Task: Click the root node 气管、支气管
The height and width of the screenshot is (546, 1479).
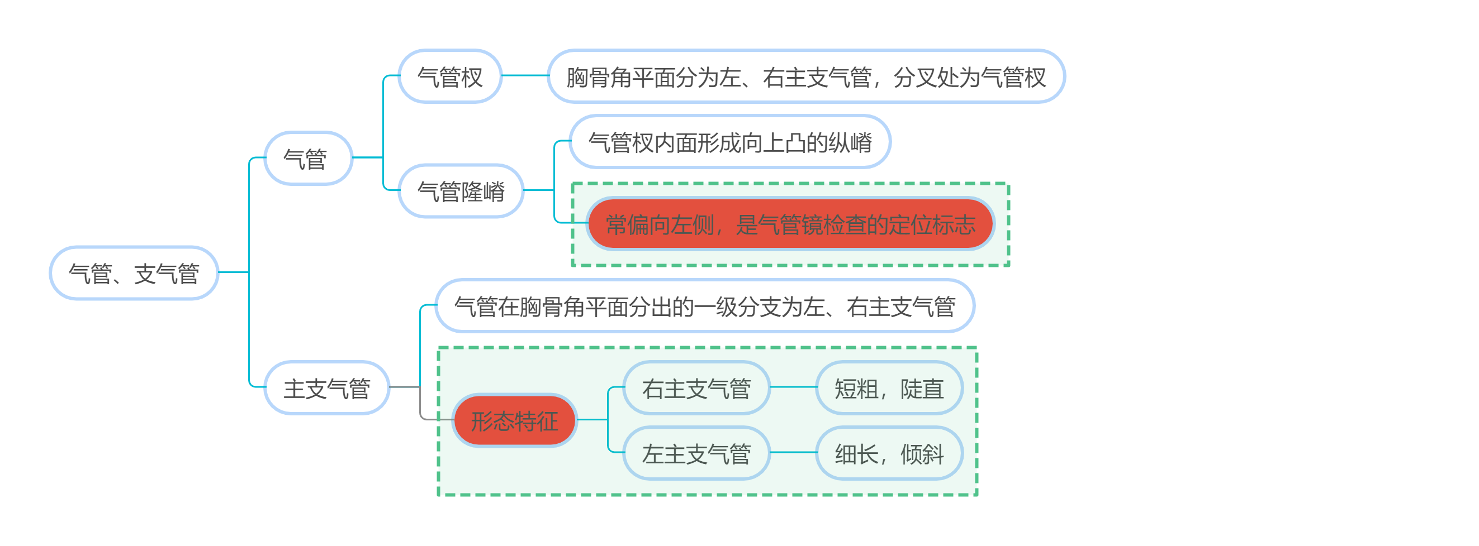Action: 133,273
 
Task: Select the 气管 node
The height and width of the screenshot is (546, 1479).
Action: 308,159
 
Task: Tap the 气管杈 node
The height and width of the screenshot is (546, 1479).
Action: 449,76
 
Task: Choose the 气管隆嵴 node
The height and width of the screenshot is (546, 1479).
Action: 461,191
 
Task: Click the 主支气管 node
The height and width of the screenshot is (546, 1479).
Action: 326,387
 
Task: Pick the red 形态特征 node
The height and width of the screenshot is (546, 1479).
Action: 514,420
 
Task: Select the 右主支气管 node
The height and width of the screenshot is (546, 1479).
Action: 696,387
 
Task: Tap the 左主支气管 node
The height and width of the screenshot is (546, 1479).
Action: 696,453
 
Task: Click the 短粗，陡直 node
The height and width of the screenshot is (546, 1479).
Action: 888,387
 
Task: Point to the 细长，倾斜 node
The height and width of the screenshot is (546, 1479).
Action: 888,453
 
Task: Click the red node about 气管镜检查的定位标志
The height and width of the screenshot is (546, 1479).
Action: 790,224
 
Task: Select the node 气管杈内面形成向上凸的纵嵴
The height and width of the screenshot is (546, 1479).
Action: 730,142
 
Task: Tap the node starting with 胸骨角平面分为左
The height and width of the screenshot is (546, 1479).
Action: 805,76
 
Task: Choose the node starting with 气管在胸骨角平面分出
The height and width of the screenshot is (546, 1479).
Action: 704,306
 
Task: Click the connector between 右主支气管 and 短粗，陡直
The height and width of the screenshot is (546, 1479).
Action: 793,387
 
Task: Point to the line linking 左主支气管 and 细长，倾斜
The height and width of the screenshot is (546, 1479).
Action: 793,453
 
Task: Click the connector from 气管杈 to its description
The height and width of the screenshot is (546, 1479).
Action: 525,76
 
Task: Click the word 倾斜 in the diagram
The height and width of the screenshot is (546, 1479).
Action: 922,454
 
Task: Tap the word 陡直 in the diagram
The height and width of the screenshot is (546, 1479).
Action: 922,388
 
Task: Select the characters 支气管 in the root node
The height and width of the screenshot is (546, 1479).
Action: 167,274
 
